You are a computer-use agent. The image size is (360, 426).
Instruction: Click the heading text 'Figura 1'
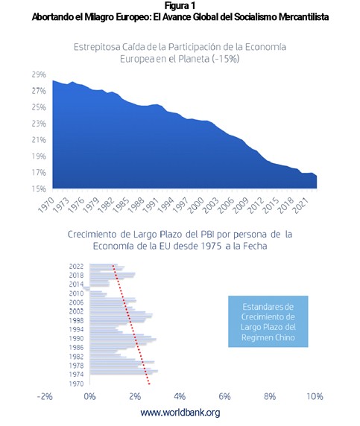[180, 5]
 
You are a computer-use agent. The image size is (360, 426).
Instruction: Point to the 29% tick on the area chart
[39, 74]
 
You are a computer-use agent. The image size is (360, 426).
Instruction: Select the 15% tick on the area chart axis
[39, 189]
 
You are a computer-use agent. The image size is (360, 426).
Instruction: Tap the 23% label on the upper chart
[39, 124]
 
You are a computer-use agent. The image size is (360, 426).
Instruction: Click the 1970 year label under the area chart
[46, 206]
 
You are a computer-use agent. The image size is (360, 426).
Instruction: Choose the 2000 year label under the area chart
[196, 206]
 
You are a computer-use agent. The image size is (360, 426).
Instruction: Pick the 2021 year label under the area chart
[300, 206]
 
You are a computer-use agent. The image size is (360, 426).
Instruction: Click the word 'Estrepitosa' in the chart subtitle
[97, 47]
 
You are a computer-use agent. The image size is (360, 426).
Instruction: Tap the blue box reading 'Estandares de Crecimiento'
[268, 322]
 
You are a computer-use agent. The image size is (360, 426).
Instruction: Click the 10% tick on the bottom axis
[315, 397]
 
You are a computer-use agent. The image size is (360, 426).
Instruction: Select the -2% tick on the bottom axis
[45, 397]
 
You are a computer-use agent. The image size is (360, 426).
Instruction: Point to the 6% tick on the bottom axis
[224, 397]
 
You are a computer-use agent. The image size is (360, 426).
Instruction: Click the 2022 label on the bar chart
[77, 267]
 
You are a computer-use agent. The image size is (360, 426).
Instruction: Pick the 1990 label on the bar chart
[77, 339]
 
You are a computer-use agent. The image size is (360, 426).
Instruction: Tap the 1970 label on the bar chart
[77, 384]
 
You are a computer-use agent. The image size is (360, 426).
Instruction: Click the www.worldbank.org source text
[180, 413]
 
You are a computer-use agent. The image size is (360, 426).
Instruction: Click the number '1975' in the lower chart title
[211, 247]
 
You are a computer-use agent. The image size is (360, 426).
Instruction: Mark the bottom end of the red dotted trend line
[149, 384]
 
